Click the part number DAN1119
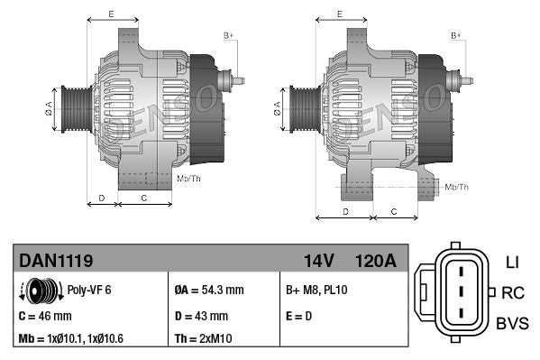[56, 261]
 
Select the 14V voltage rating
[319, 261]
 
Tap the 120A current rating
[375, 261]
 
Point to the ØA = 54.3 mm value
[209, 291]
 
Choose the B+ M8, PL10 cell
[316, 291]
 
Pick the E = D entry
[300, 316]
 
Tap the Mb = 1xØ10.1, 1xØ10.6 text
[71, 339]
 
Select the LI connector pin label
[512, 263]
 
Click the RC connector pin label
[513, 292]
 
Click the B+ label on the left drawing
[228, 35]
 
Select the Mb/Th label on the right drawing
[456, 187]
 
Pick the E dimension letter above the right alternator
[339, 14]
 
